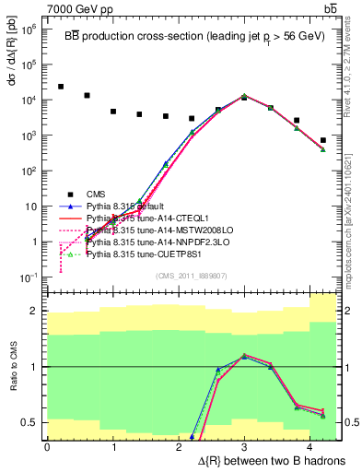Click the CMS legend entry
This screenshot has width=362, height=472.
(x=96, y=194)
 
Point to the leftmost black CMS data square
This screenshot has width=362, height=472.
(x=61, y=87)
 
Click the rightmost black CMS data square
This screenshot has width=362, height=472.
(x=323, y=140)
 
